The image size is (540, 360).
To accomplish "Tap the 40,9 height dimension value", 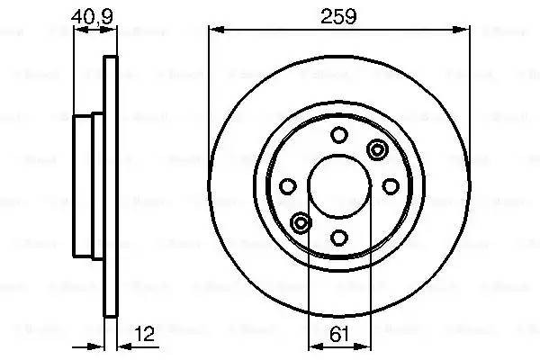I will pyautogui.click(x=94, y=15).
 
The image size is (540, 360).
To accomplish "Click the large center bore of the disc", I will pyautogui.click(x=338, y=186).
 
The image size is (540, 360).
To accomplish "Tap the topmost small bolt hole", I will pyautogui.click(x=338, y=135).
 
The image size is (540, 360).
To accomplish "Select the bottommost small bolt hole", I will pyautogui.click(x=338, y=238).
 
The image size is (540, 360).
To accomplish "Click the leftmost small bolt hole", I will pyautogui.click(x=287, y=186).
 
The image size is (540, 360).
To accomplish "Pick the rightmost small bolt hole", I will pyautogui.click(x=391, y=186).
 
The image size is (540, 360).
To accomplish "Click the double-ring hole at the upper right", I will pyautogui.click(x=375, y=149).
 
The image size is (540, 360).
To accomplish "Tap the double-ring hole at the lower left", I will pyautogui.click(x=301, y=222).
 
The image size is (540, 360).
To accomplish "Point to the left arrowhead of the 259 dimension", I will pyautogui.click(x=214, y=29).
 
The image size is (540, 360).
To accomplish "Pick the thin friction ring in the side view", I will pyautogui.click(x=112, y=108).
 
